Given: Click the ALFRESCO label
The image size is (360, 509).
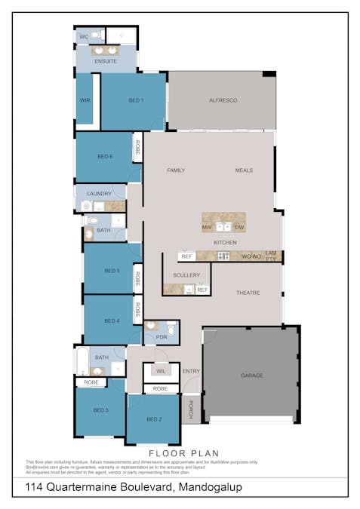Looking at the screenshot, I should point(223,100).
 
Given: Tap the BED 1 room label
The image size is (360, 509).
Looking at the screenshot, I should point(136,100).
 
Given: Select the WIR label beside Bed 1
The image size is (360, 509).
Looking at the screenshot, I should point(85,100).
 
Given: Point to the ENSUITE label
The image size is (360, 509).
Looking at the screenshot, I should point(106,61).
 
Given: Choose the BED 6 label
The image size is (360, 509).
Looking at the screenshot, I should point(105,157).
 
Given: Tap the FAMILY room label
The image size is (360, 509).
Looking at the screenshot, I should point(176,170).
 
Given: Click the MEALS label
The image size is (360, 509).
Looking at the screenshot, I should point(243,170).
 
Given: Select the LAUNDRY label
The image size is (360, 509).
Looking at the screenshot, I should point(100,194).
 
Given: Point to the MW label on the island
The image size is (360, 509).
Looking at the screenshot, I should point(207,227).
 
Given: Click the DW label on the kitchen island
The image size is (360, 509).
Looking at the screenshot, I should point(239,227).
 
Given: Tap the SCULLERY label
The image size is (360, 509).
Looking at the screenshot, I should point(186,275).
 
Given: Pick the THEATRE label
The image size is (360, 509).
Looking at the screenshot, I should point(248,293).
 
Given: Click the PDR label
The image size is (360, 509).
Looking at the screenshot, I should point(161,337).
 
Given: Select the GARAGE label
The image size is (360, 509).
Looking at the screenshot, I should point(251,375).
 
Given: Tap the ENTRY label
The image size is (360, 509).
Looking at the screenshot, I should point(192,371).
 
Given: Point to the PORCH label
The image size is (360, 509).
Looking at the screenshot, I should point(191,409).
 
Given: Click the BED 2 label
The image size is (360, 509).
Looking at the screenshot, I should point(154,419).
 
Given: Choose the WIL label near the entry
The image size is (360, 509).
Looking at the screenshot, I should point(161,371).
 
